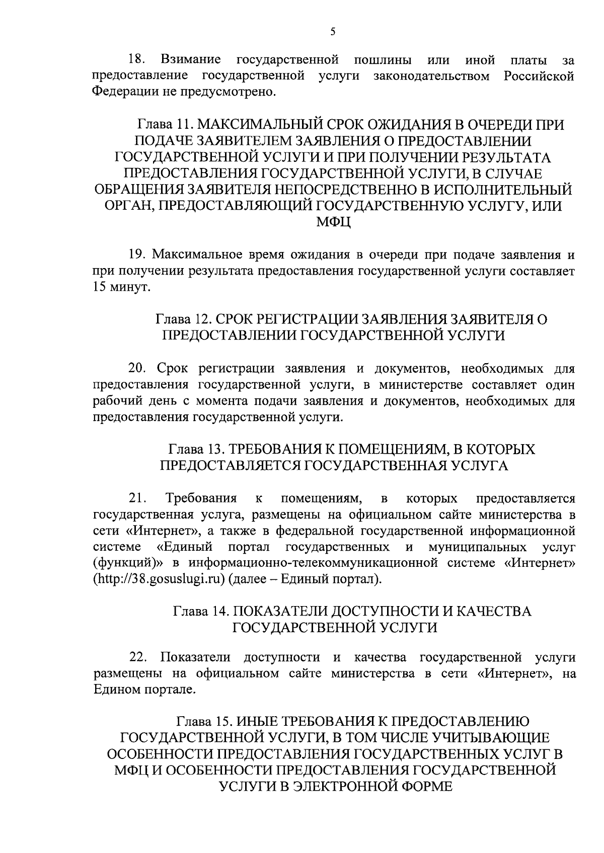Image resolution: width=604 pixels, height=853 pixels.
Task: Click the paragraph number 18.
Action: coord(137,60)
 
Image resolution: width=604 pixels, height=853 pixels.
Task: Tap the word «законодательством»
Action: coord(437,76)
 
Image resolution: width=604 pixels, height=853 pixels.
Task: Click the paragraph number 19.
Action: coord(137,255)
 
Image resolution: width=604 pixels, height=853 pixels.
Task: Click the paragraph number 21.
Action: coord(137,499)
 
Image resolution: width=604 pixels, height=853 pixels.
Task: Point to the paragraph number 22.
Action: coord(137,657)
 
